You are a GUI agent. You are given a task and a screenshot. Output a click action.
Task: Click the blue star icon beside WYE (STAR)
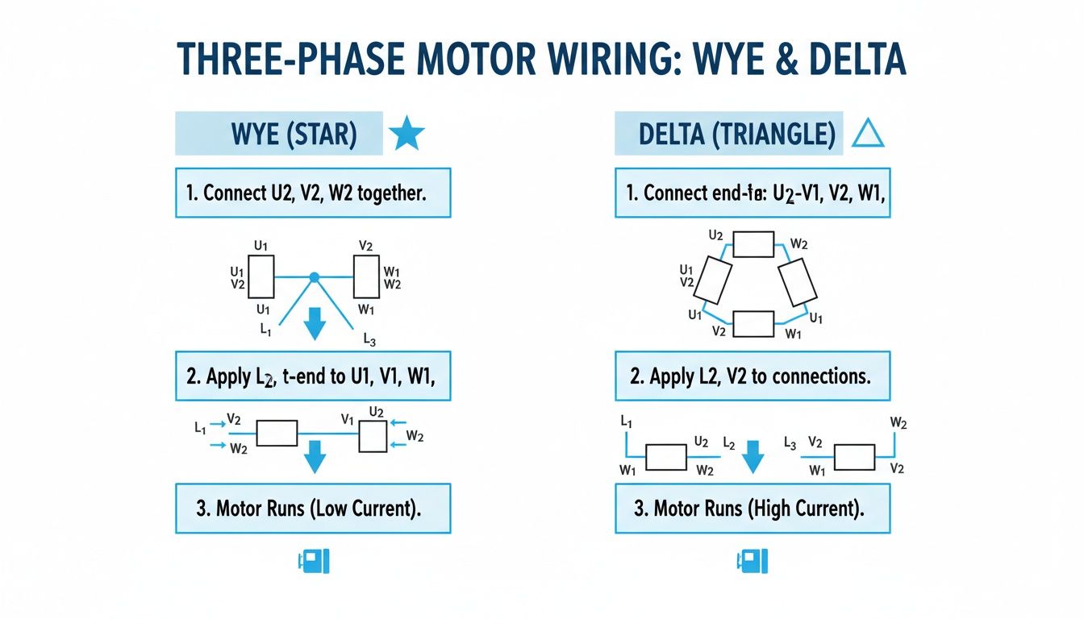click(406, 135)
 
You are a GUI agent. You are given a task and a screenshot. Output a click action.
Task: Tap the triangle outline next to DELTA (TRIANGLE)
click(868, 135)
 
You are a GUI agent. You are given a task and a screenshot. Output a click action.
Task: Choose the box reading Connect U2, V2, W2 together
click(313, 193)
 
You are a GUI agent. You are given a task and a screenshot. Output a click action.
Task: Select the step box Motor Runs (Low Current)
click(313, 509)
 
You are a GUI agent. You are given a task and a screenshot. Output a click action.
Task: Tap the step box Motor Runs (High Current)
click(753, 509)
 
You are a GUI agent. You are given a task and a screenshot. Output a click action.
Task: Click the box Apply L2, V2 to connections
click(753, 376)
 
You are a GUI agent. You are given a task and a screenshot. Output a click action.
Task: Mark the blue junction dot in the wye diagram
click(315, 277)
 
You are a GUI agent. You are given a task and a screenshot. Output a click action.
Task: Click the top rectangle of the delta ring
click(753, 244)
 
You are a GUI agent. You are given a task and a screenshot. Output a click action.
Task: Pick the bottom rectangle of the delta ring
click(753, 322)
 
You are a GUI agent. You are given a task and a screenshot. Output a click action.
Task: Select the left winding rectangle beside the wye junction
click(261, 276)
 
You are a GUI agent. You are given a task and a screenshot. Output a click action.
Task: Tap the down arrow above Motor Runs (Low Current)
click(315, 459)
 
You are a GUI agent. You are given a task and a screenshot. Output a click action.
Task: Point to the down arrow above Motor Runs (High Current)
click(752, 457)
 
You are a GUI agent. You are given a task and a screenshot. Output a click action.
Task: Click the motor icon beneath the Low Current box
click(314, 562)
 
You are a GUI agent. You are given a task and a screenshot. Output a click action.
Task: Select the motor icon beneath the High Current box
click(753, 562)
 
